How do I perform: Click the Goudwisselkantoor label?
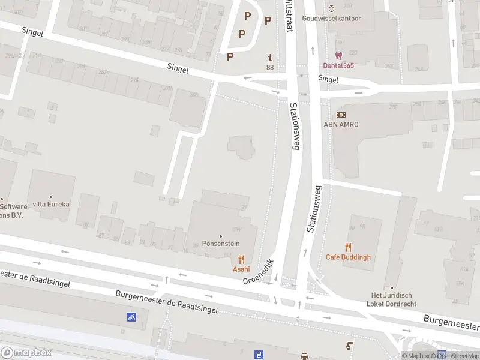pyautogui.click(x=331, y=19)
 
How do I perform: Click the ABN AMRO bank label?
pyautogui.click(x=341, y=124)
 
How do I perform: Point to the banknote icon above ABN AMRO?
pyautogui.click(x=341, y=115)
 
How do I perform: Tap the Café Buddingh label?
pyautogui.click(x=348, y=257)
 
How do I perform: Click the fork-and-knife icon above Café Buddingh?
pyautogui.click(x=348, y=247)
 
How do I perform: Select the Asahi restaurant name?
pyautogui.click(x=241, y=269)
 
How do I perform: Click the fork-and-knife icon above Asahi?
pyautogui.click(x=241, y=259)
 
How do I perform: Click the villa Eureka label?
pyautogui.click(x=51, y=204)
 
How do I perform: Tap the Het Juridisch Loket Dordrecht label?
pyautogui.click(x=392, y=299)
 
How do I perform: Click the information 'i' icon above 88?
pyautogui.click(x=270, y=58)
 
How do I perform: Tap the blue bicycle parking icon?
pyautogui.click(x=131, y=317)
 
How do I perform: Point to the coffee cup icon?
pyautogui.click(x=349, y=346)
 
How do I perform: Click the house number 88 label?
pyautogui.click(x=270, y=67)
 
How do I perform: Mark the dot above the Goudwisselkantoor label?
pyautogui.click(x=331, y=8)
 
